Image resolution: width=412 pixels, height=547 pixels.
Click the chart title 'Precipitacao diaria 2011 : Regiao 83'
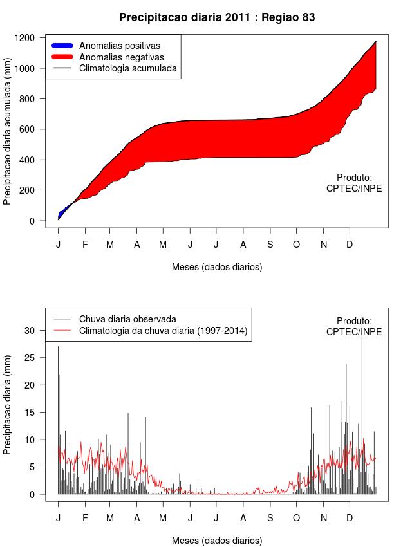217,17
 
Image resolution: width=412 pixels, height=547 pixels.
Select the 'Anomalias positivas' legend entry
119,46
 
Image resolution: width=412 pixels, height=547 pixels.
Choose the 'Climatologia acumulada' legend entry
127,68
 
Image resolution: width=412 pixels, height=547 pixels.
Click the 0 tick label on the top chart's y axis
32,221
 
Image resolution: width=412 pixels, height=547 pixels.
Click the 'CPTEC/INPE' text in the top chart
354,189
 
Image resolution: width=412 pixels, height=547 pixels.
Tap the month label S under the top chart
270,245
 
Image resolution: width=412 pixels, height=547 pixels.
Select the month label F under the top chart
85,245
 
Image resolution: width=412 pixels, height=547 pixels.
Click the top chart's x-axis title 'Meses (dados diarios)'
217,266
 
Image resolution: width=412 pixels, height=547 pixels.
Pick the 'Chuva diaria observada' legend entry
127,319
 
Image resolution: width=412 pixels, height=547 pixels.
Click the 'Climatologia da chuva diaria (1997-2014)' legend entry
163,331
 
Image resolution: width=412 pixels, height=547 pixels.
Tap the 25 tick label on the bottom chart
29,357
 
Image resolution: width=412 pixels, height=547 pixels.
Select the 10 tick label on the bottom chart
29,440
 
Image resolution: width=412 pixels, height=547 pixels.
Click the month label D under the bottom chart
350,519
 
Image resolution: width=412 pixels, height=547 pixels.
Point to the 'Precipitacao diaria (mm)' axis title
8,405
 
